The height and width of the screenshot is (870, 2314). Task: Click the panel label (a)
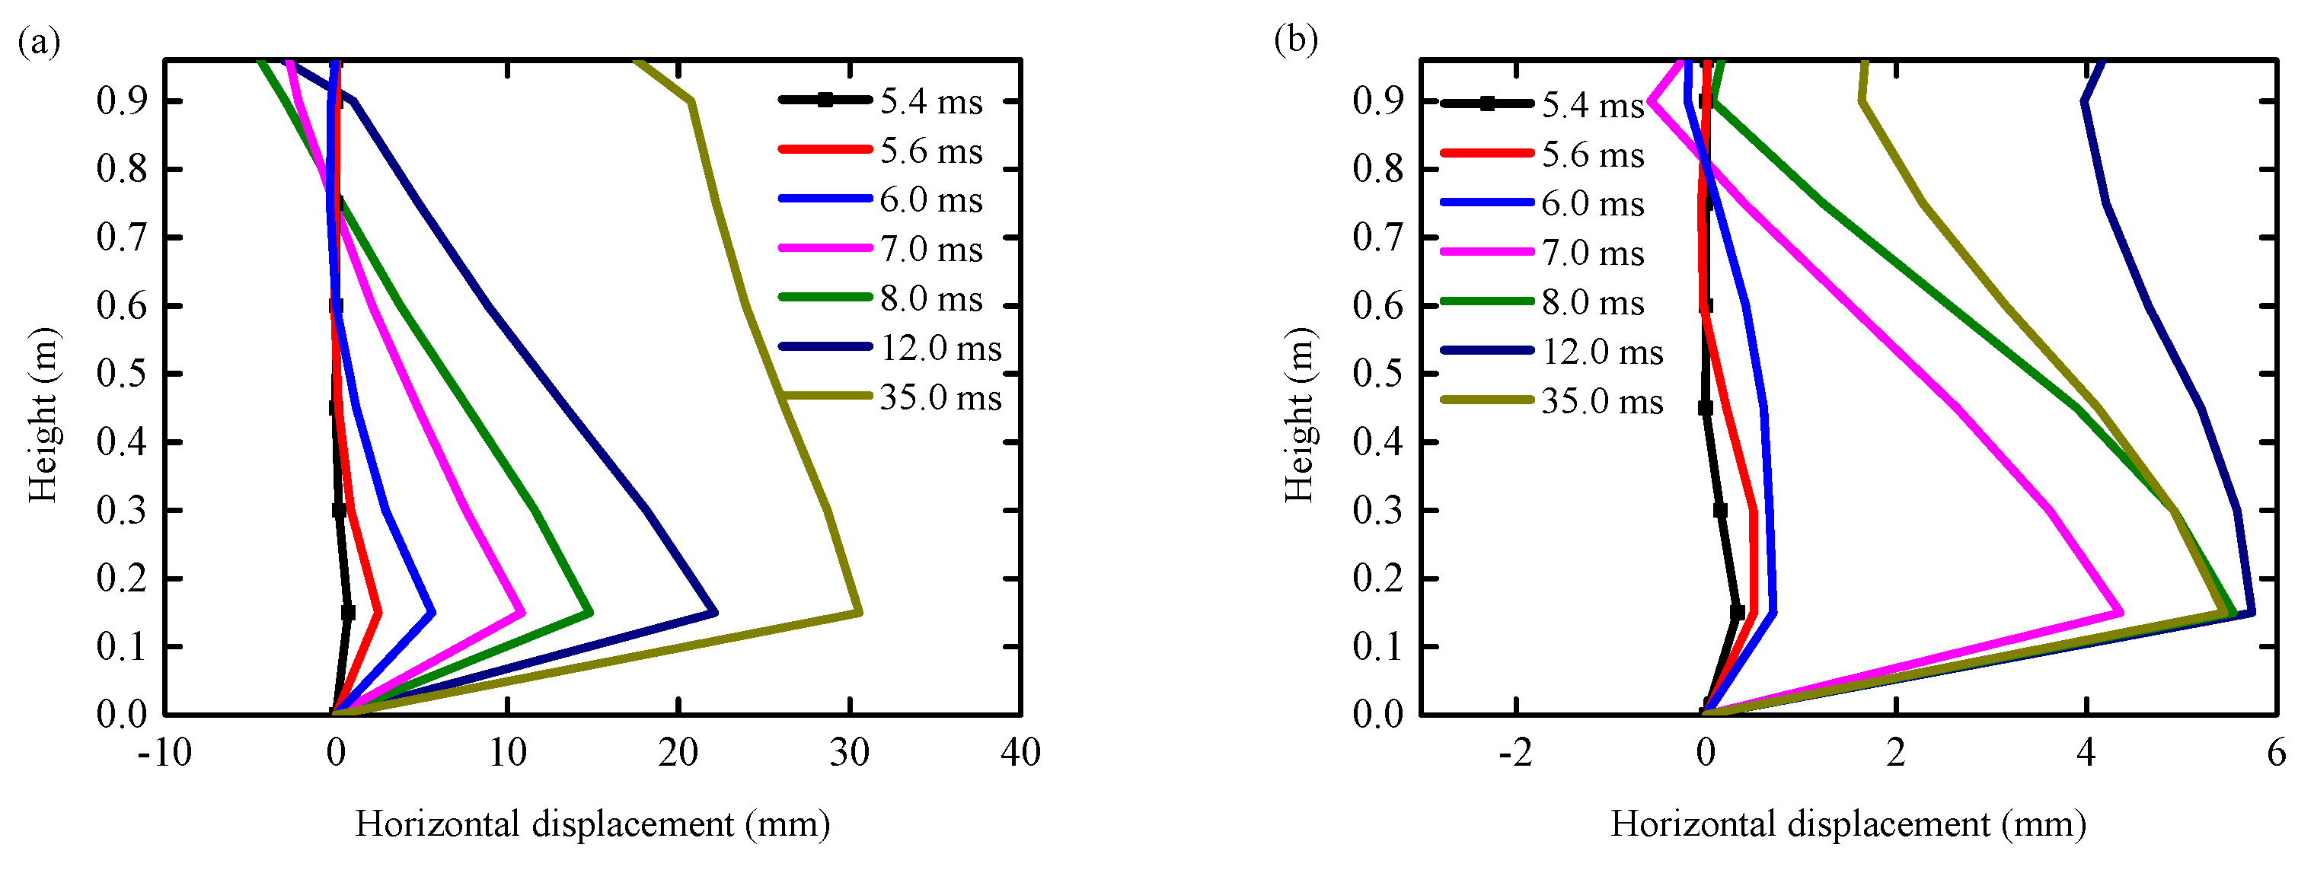[39, 42]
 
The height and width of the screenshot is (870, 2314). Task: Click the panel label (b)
[1295, 40]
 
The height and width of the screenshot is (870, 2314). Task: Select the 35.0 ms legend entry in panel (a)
[940, 398]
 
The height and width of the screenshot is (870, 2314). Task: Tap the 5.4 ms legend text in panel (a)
[930, 101]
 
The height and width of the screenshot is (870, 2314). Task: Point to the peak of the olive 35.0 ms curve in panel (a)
[860, 613]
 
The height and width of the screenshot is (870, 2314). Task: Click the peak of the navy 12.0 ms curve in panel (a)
[715, 613]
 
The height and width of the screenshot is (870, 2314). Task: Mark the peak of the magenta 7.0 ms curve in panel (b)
[2121, 613]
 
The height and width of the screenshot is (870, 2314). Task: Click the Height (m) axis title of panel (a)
[42, 416]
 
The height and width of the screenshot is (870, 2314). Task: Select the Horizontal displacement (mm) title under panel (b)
[1848, 824]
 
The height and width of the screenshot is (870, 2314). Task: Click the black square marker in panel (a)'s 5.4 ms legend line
[825, 100]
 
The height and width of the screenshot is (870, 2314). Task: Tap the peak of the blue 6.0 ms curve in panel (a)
[433, 613]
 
